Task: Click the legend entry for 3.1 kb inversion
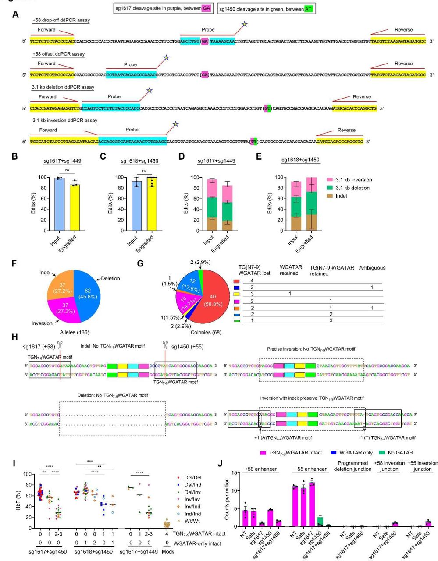point(349,180)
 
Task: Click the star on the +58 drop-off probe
point(244,24)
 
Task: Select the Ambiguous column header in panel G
point(372,267)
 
